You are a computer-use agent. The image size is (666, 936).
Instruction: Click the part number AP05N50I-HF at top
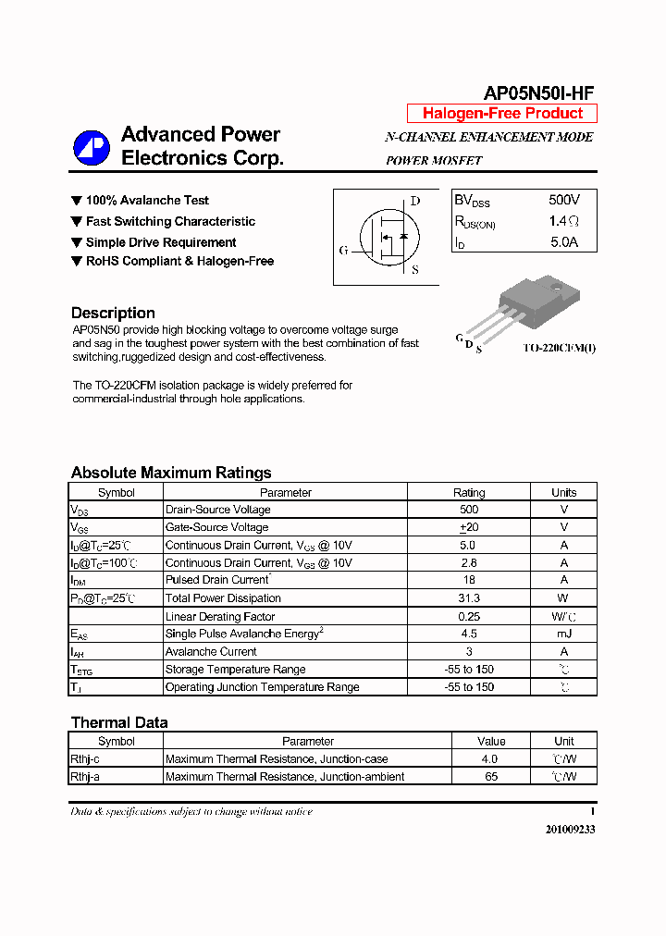538,92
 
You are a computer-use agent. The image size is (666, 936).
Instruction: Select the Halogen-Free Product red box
502,114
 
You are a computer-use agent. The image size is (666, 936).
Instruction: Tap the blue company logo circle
92,147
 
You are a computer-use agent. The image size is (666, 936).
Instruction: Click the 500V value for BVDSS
563,200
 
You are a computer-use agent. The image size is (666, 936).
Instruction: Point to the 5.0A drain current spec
563,242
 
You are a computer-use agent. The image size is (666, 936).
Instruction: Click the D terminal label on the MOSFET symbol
415,201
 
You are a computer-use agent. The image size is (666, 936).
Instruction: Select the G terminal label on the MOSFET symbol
344,251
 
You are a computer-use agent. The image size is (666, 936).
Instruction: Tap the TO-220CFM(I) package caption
559,348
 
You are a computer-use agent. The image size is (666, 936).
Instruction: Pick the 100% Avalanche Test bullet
146,201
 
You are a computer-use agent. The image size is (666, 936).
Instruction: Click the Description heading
113,313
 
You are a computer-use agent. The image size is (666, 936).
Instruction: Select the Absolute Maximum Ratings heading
171,473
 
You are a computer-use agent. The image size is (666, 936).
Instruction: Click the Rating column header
469,492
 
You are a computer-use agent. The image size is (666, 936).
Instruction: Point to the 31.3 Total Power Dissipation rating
469,598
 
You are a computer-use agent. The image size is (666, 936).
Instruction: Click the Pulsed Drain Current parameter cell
217,580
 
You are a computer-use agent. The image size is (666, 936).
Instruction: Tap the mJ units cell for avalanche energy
563,634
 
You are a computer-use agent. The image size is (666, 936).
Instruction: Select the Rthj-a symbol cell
85,777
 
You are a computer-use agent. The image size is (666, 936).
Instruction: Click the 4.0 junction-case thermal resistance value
491,759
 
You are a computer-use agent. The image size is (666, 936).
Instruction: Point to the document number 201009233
570,830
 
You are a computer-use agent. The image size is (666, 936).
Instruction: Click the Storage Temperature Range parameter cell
235,670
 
